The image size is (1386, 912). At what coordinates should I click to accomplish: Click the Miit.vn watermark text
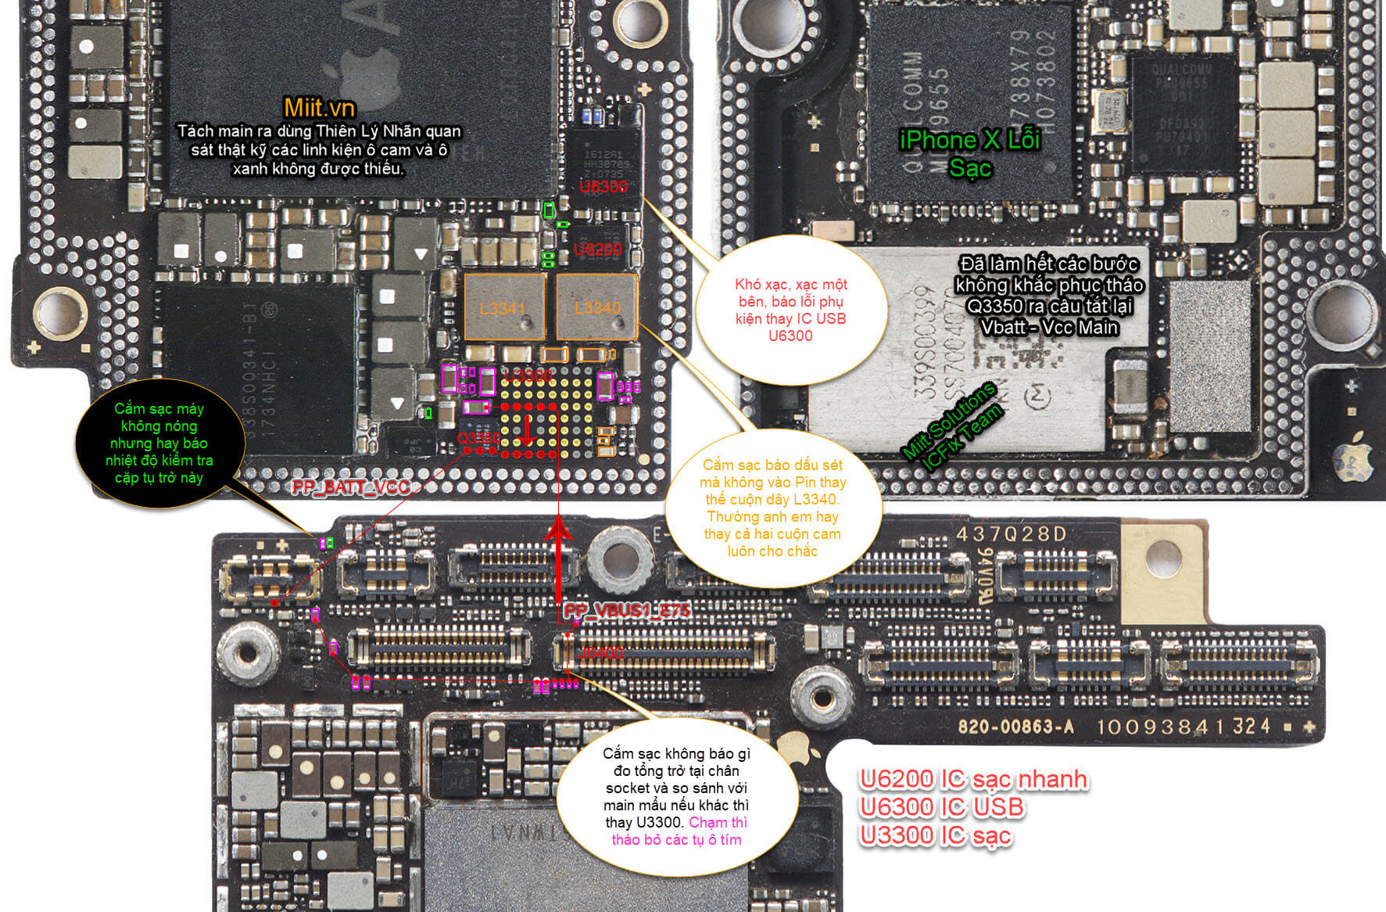[319, 108]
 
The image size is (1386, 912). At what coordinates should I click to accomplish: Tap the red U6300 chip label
[603, 187]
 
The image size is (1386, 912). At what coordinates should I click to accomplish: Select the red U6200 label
[597, 250]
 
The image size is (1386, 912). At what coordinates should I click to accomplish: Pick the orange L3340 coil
[597, 307]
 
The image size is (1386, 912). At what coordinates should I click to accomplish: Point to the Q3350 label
[478, 438]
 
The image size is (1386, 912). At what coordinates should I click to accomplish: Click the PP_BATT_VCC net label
[351, 487]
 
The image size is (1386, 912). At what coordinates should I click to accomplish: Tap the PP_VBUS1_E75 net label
[627, 610]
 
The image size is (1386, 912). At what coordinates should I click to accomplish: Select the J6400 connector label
[600, 652]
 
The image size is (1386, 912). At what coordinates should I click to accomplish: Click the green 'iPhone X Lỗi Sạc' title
[969, 153]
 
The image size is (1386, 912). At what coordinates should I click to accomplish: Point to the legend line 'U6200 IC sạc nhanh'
[973, 780]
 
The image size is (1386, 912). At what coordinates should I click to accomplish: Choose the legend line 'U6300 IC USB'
[941, 807]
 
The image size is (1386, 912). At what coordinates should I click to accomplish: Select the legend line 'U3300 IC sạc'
[935, 835]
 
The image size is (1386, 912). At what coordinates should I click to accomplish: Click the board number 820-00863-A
[1015, 727]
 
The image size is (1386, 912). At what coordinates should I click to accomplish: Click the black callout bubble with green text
[159, 443]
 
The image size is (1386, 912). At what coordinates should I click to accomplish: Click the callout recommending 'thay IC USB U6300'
[790, 310]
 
